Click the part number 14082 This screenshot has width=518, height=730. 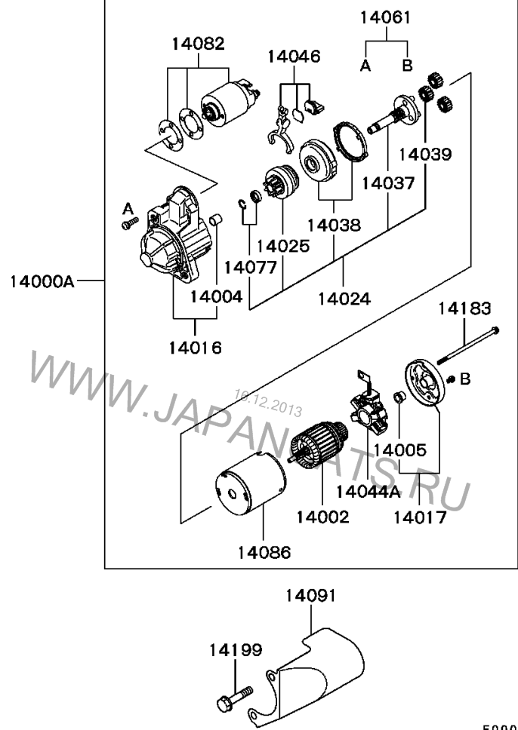coord(197,43)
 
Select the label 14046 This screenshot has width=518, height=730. coord(293,56)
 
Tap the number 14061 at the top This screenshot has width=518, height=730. coord(385,17)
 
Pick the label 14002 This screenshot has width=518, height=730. coord(322,517)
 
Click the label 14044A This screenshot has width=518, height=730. coord(368,491)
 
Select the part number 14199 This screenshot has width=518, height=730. coord(236,649)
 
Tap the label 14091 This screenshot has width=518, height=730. coord(310,596)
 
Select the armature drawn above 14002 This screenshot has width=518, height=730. coord(318,446)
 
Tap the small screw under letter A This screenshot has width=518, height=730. coord(128,223)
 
